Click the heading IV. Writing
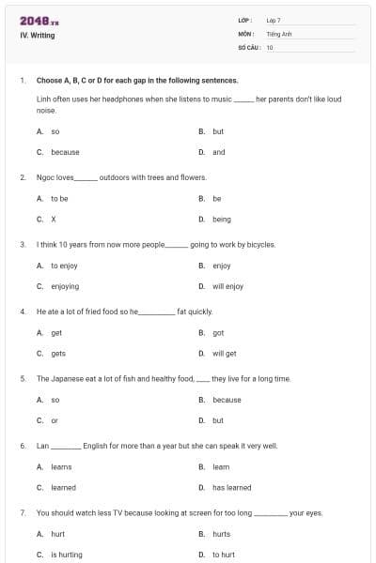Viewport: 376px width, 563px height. (38, 36)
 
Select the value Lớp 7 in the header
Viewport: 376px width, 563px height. (274, 20)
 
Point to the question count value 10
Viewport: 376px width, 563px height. (270, 46)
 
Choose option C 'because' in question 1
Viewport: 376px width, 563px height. (65, 152)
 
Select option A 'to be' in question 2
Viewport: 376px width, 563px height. (59, 199)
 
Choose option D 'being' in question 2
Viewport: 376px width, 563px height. (221, 220)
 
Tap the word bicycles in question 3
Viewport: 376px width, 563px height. (258, 244)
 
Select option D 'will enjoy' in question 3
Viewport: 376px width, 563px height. (227, 286)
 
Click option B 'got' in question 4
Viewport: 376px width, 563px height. (218, 333)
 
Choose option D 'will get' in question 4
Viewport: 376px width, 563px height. (224, 354)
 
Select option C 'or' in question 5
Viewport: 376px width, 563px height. (55, 420)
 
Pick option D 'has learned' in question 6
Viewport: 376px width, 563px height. (231, 488)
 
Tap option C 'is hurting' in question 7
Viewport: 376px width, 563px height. (67, 555)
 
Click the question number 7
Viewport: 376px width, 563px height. (22, 513)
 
